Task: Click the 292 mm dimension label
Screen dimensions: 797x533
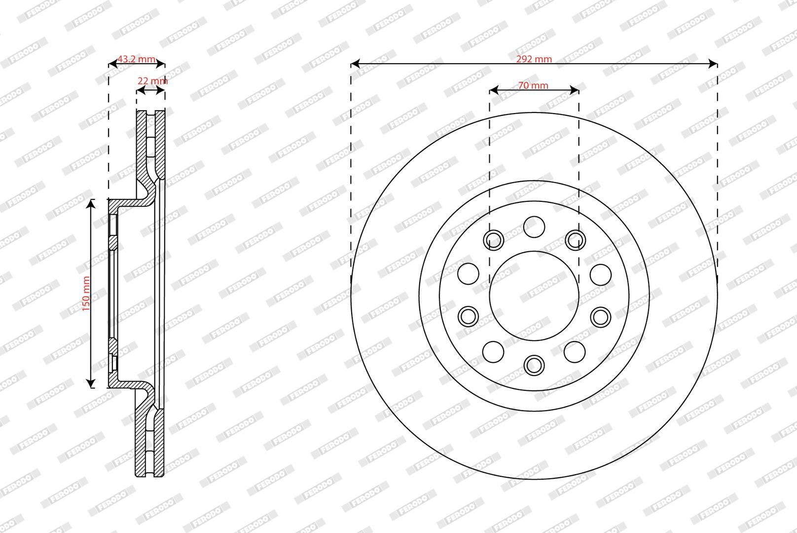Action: tap(534, 59)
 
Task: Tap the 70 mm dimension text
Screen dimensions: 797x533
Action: tap(533, 85)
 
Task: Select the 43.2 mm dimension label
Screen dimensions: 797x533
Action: tap(136, 59)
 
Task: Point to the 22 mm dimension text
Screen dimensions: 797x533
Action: tap(152, 81)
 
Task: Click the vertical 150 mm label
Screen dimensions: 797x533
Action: tap(86, 294)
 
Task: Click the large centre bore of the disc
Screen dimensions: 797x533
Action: tap(534, 296)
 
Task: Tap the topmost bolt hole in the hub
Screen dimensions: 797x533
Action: tap(534, 227)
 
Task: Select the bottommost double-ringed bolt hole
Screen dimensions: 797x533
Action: tap(534, 365)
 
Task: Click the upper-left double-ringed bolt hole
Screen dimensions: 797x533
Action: tap(494, 240)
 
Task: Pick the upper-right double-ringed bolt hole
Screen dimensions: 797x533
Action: tap(576, 240)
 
